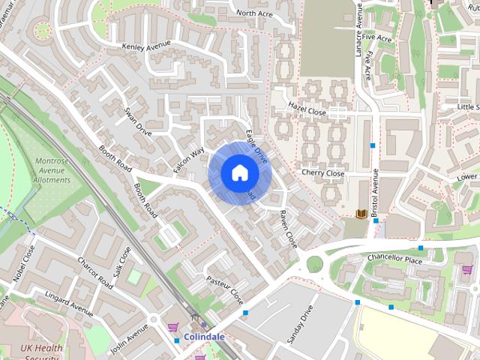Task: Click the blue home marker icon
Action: click(x=240, y=172)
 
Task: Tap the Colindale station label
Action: click(x=204, y=337)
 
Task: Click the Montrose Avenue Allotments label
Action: click(x=52, y=170)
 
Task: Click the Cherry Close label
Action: click(x=322, y=173)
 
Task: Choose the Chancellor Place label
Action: click(x=394, y=259)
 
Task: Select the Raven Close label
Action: click(x=288, y=229)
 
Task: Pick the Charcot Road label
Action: click(x=95, y=273)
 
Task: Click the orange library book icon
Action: click(x=361, y=214)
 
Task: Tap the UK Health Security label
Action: click(x=41, y=352)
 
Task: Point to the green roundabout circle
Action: click(x=314, y=264)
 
